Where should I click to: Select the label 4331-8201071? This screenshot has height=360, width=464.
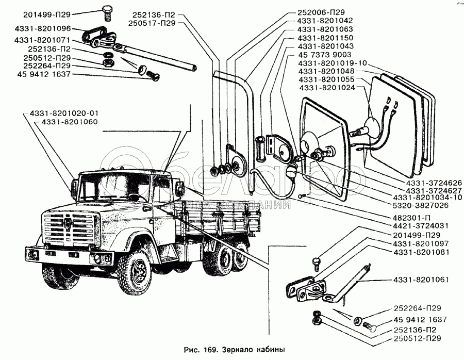[x=43, y=39]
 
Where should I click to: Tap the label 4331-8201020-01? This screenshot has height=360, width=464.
[x=63, y=113]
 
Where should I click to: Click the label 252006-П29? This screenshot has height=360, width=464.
[x=321, y=12]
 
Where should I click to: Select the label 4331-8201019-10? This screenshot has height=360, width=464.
[x=332, y=63]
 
